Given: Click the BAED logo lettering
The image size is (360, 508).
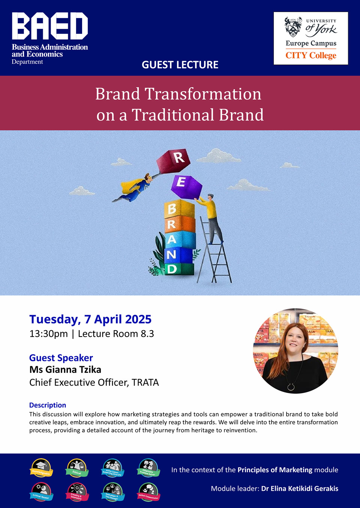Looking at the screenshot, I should [x=50, y=26].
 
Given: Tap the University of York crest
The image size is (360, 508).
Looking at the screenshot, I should [x=293, y=27].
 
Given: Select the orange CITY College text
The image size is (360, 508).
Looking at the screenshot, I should [x=311, y=56].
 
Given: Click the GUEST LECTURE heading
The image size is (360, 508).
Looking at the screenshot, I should [x=180, y=65].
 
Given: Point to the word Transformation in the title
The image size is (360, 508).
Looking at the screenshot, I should [x=203, y=94].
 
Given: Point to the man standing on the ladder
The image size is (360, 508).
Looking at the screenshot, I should [x=211, y=218].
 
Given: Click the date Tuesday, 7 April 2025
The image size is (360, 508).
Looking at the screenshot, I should [x=90, y=319].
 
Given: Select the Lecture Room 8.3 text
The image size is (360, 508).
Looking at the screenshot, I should [x=116, y=334].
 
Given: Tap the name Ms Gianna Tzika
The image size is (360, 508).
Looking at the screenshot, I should [x=65, y=370].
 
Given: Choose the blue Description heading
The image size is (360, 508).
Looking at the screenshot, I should [x=48, y=405].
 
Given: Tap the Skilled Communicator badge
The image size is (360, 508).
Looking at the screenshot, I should [x=148, y=492].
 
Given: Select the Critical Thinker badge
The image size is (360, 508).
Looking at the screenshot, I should [x=41, y=492].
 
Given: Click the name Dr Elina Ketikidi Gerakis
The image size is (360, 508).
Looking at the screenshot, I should [x=300, y=488].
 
